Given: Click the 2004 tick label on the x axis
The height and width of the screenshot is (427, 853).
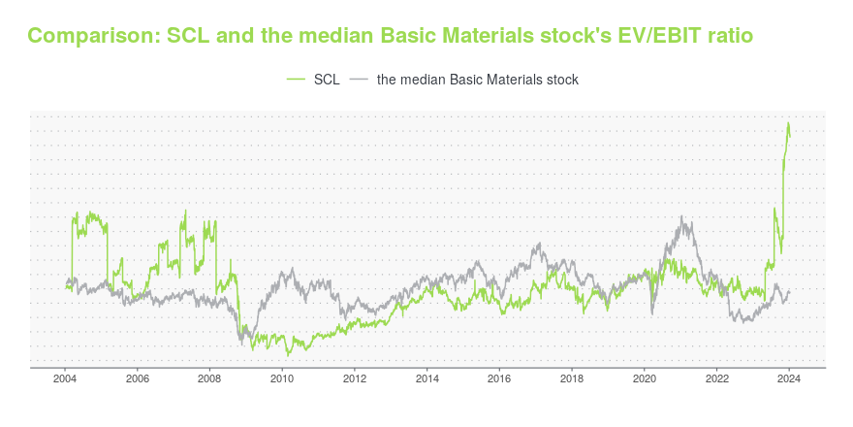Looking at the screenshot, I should (65, 380).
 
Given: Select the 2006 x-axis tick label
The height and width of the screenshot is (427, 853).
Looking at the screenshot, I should (138, 380).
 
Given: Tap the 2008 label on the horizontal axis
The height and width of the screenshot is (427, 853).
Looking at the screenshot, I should (209, 380).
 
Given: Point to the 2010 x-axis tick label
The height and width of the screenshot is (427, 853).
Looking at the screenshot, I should (282, 380).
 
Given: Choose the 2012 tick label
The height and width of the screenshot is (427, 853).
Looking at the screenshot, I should (355, 380).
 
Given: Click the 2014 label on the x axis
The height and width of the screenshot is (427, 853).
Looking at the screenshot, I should (427, 380).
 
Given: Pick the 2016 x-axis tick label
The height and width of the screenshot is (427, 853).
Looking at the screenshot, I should (499, 380).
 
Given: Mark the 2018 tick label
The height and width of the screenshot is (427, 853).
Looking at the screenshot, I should (572, 380).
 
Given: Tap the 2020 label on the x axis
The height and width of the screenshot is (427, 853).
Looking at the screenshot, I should (645, 380).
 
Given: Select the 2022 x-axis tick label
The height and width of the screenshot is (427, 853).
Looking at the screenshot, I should (716, 380).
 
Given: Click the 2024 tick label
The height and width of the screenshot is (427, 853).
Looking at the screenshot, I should (789, 380).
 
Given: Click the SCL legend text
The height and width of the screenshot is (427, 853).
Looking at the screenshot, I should (327, 80).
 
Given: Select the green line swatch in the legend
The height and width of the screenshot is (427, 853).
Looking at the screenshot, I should (297, 80).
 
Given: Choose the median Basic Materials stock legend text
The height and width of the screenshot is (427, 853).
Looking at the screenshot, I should (477, 80).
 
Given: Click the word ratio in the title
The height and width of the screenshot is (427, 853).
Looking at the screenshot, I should (727, 36).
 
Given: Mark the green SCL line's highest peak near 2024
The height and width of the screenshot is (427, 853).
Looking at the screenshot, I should (789, 123).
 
